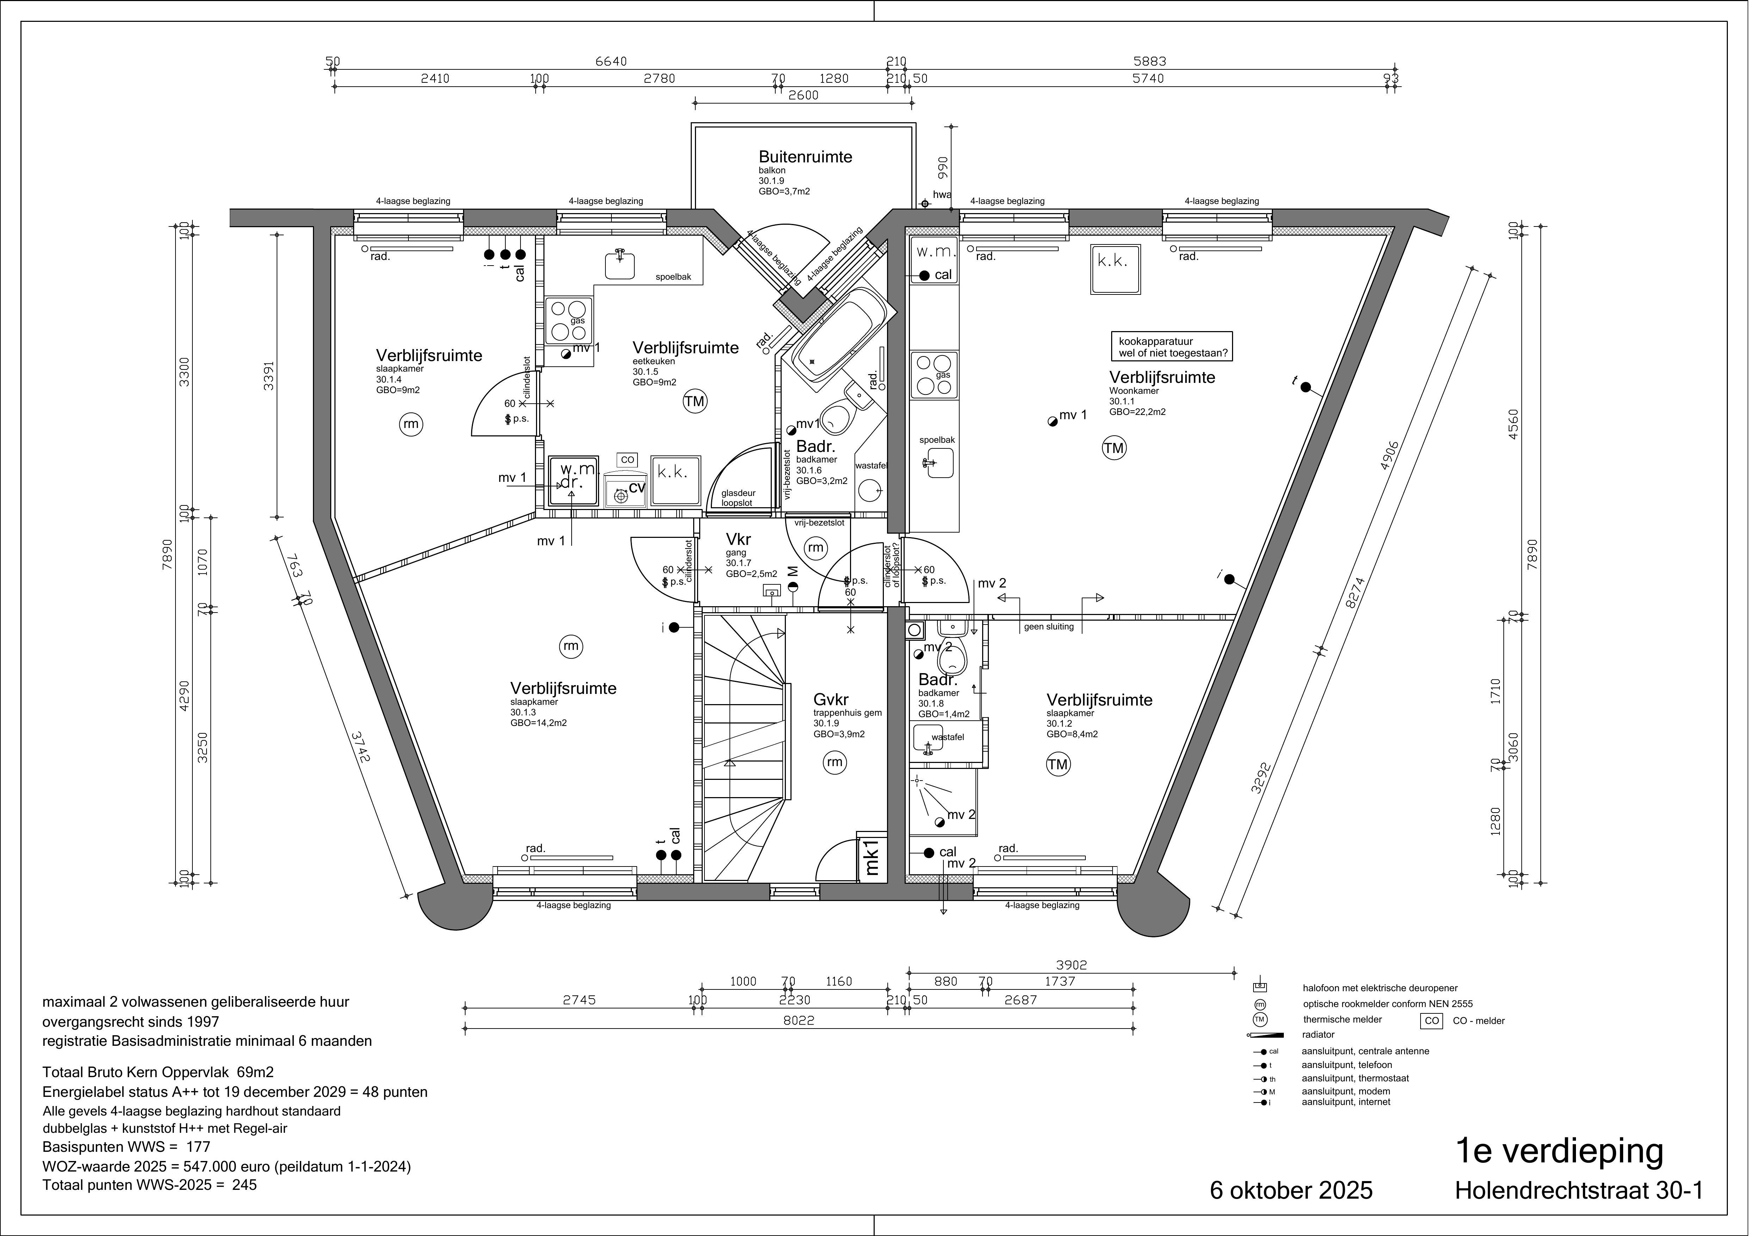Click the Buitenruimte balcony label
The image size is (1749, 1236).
coord(805,157)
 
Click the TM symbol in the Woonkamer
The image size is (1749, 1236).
coord(1114,448)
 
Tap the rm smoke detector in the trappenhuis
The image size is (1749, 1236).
coord(835,762)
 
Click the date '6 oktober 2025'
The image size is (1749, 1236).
coord(1291,1190)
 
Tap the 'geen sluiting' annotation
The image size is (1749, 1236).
coord(1049,627)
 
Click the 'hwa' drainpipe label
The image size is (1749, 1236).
coord(942,195)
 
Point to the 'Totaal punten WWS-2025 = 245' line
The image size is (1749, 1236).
coord(150,1185)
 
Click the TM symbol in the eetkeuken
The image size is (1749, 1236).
coord(695,401)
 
